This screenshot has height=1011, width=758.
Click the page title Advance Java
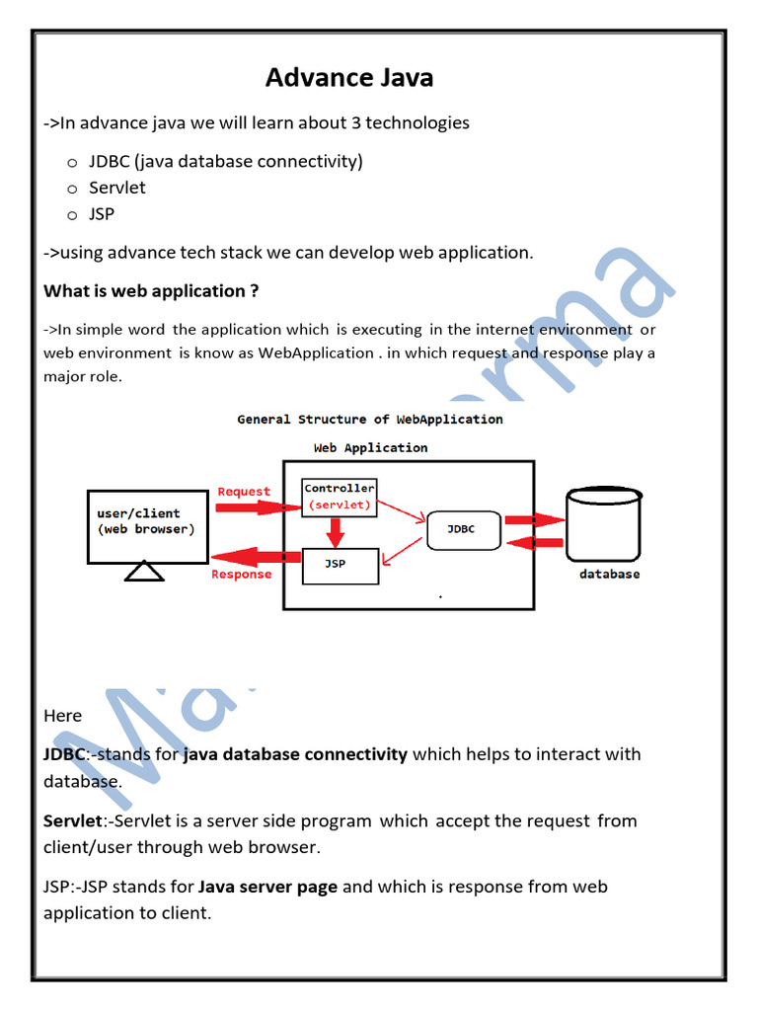(348, 77)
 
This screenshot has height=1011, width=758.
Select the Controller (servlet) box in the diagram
(339, 497)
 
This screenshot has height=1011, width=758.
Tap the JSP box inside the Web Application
(339, 566)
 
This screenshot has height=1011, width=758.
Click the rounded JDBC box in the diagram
(461, 529)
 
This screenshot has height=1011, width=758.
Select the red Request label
(244, 492)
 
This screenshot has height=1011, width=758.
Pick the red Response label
(241, 575)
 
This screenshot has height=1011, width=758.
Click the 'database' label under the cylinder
(609, 574)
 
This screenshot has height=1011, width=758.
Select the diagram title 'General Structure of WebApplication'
(370, 420)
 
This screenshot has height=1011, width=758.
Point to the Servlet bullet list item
(117, 188)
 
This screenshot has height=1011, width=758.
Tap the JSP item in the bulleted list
(102, 214)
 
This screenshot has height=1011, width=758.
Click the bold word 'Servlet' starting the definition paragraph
(72, 820)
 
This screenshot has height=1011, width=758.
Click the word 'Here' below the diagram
(63, 715)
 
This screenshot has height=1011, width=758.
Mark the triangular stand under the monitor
(145, 571)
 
